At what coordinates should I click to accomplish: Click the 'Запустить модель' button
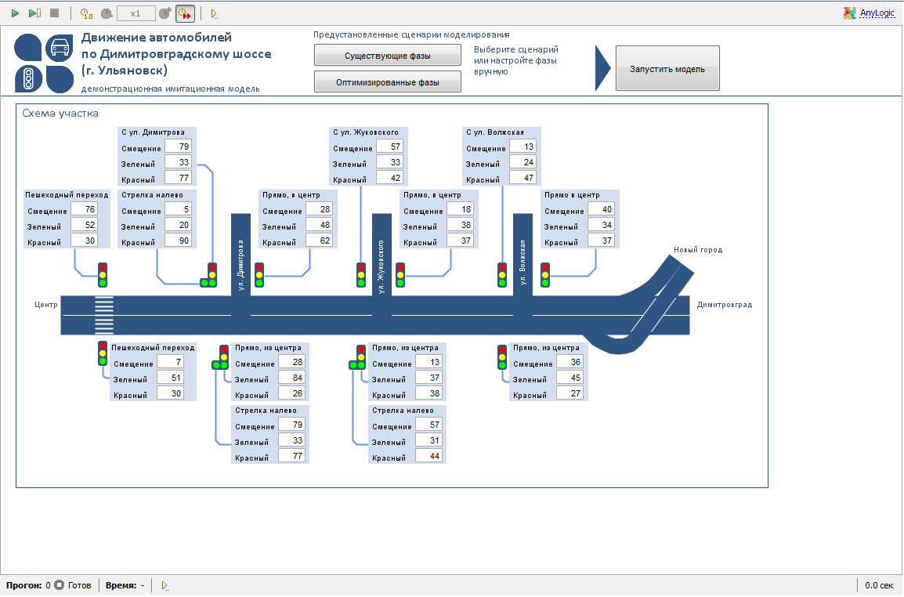coord(667,69)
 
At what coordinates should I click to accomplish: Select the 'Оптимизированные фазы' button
coord(388,82)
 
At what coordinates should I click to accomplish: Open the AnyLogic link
coord(877,13)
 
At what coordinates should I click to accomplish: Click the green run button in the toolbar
coord(16,13)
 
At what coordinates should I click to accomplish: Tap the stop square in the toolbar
coord(55,13)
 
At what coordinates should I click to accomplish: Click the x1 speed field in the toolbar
coord(136,13)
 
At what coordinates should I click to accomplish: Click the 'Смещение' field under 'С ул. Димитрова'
coord(178,147)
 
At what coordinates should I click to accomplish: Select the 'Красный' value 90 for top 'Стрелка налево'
coord(178,241)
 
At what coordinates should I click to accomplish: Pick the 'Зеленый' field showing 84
coord(291,378)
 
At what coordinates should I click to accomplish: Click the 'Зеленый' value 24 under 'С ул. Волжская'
coord(523,162)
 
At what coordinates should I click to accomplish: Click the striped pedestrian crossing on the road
coord(103,315)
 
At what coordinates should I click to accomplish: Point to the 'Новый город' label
coord(698,250)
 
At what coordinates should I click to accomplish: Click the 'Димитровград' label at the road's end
coord(725,305)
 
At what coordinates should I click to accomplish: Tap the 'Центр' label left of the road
coord(46,305)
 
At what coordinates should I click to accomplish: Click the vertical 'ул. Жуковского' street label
coord(381,267)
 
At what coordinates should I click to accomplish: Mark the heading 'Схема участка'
coord(60,113)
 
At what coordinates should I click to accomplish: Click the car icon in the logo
coord(60,48)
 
